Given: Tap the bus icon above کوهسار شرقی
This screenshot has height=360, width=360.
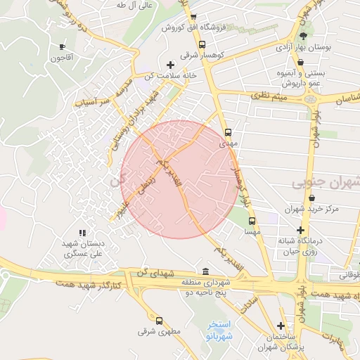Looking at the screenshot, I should coord(202,44).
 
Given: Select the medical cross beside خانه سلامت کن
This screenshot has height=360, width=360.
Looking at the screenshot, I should coord(170,65).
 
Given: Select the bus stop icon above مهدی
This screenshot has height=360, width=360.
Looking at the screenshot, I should coord(228,131).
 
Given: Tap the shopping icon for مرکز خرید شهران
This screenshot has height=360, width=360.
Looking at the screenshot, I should coord(311,198).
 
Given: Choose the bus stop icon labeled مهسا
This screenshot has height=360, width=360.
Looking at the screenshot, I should coord(251,220).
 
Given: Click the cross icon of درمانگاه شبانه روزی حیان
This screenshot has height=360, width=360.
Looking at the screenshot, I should coord(300,230).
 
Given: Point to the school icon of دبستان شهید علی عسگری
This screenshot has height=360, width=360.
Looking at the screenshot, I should coord(82,232).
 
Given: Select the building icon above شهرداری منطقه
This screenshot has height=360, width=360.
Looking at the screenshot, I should coord(205,271).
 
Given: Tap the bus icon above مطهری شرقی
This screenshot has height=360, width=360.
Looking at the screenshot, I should coord(159,321).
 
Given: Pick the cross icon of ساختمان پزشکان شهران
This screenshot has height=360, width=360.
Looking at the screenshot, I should coord(281,326).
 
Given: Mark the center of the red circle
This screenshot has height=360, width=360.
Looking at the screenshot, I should coord(179,179).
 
